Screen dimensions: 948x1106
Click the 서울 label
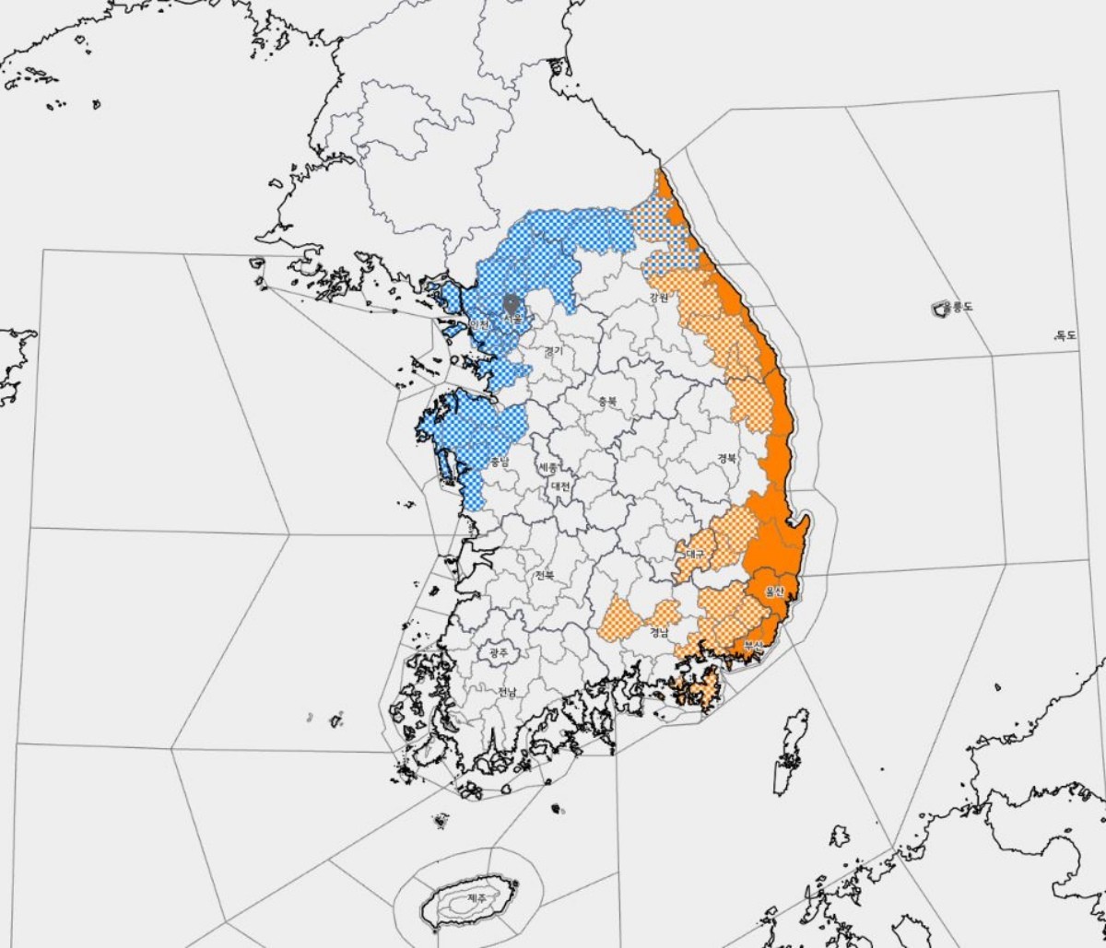(513, 319)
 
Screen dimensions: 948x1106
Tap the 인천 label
(477, 324)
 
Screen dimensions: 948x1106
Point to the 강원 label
(658, 298)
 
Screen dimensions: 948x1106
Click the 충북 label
(606, 402)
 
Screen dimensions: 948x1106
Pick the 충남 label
(499, 461)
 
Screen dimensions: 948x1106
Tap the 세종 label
(548, 467)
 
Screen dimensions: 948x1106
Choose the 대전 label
(560, 486)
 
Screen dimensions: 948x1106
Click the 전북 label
(545, 575)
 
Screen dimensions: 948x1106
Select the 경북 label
(726, 458)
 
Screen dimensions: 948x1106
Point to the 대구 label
(694, 555)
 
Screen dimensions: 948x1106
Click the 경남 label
(658, 632)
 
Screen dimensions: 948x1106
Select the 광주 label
(499, 652)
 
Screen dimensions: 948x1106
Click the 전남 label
(507, 692)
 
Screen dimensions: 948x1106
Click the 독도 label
(1065, 335)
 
